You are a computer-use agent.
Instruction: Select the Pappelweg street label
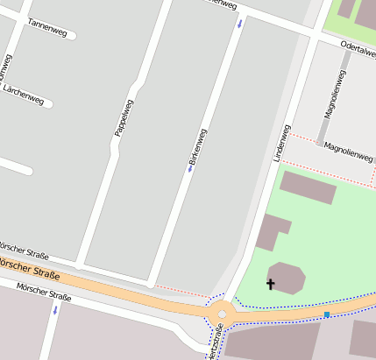point(123,117)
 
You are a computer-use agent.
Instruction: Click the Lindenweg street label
point(282,141)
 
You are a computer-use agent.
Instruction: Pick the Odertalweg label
point(358,50)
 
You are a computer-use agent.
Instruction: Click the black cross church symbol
point(270,284)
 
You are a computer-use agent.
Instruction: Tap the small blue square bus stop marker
point(327,314)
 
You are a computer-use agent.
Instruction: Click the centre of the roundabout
point(222,312)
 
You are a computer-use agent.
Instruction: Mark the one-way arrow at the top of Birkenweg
point(240,23)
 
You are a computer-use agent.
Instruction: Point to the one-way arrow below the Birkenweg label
point(189,169)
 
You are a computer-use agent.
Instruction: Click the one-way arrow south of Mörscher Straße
point(55,309)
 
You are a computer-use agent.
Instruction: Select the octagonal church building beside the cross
point(287,278)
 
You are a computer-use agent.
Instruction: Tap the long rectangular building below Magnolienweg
point(308,187)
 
